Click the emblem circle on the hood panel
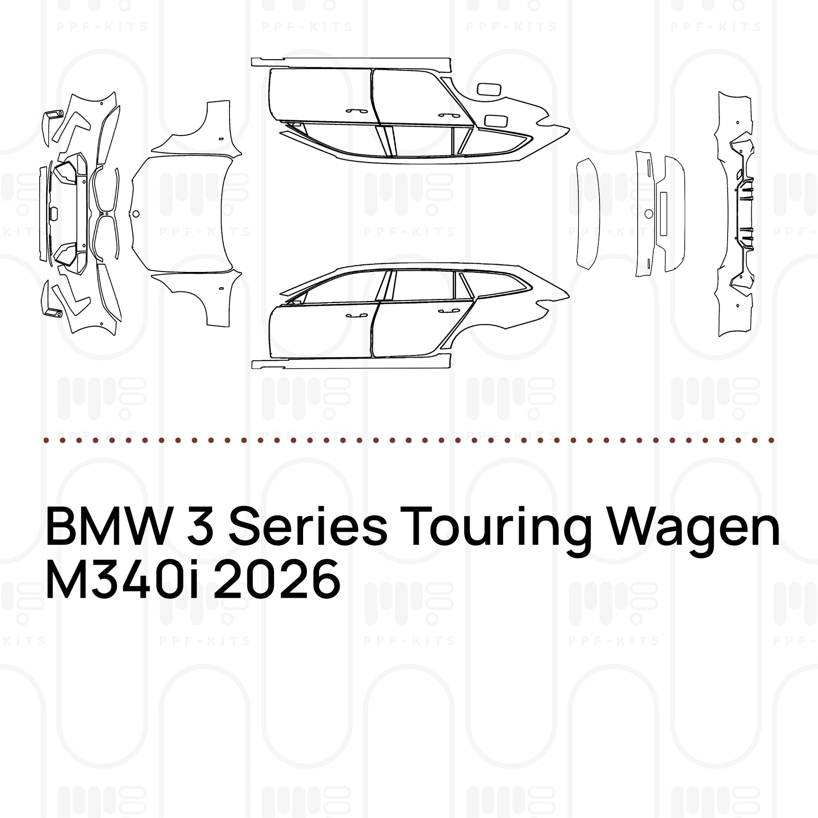[135, 214]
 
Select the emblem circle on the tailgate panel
[649, 214]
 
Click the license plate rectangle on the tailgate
[663, 214]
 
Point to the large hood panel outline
[182, 214]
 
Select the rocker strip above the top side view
[351, 62]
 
